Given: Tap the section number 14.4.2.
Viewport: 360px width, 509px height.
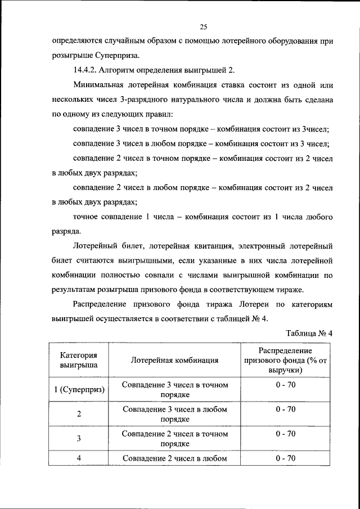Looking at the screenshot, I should (88, 70).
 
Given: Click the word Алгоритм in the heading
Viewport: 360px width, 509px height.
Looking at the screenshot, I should (127, 70).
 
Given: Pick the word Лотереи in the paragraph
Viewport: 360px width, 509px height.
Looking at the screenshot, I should (254, 304).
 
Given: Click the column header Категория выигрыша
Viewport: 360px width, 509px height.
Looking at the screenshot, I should (79, 360).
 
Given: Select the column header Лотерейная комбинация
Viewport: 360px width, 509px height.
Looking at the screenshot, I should (174, 360).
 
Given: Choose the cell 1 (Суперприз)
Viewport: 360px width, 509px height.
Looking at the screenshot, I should (79, 390).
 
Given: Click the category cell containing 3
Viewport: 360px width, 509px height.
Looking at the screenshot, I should (79, 438).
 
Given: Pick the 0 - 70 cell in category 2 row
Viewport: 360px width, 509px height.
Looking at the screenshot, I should (286, 409).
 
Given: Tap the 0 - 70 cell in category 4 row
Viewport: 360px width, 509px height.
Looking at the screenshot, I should (286, 458).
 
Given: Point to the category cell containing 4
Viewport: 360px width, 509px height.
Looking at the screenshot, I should (79, 458).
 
